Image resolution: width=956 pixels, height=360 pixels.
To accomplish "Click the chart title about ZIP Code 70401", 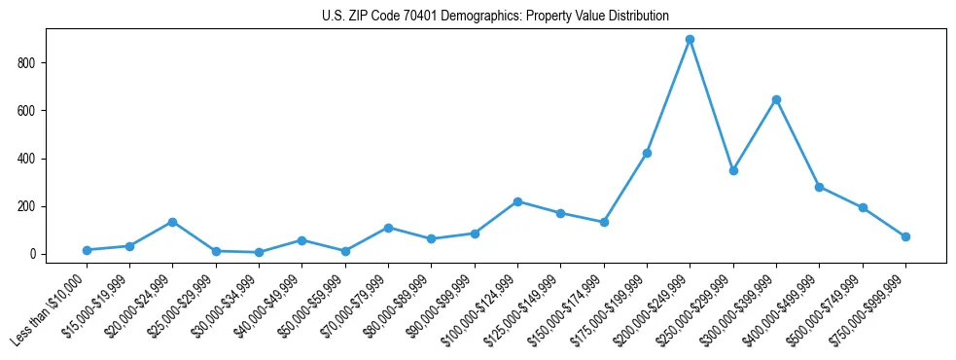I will click(x=495, y=16).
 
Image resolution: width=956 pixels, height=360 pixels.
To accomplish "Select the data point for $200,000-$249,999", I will click(x=690, y=40).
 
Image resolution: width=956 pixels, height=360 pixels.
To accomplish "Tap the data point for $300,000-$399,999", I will click(x=776, y=99).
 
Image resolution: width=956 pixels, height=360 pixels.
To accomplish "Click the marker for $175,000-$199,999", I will click(x=647, y=153).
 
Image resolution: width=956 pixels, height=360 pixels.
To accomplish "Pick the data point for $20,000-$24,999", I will click(x=172, y=222).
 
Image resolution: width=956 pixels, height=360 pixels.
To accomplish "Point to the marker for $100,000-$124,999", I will click(x=517, y=201).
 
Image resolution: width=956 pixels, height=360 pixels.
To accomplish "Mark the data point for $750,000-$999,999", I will click(x=905, y=236).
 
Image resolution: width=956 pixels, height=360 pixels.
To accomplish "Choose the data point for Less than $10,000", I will click(x=87, y=250).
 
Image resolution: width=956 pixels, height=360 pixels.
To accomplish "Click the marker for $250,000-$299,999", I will click(x=733, y=170).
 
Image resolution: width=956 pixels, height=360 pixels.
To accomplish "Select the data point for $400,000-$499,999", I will click(x=819, y=187).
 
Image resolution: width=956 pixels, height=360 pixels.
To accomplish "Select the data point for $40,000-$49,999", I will click(x=301, y=240).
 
